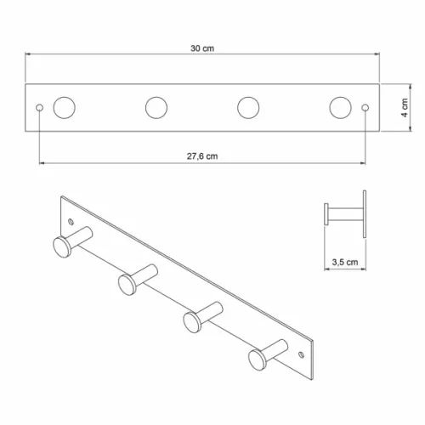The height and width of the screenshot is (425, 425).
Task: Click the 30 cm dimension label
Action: (x=202, y=48)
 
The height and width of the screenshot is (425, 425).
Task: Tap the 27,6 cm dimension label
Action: (x=202, y=156)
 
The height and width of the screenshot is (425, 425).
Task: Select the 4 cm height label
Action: (x=405, y=108)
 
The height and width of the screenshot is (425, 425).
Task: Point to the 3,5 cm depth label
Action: (x=345, y=262)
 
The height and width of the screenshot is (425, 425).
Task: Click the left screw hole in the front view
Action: (x=40, y=108)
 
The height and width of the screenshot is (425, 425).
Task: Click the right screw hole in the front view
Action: (x=365, y=108)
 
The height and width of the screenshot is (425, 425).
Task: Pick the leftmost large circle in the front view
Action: (x=65, y=108)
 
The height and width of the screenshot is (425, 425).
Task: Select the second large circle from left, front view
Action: (x=156, y=108)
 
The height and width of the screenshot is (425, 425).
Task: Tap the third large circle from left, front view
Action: (x=248, y=108)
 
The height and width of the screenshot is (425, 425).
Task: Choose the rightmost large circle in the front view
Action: (x=340, y=108)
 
